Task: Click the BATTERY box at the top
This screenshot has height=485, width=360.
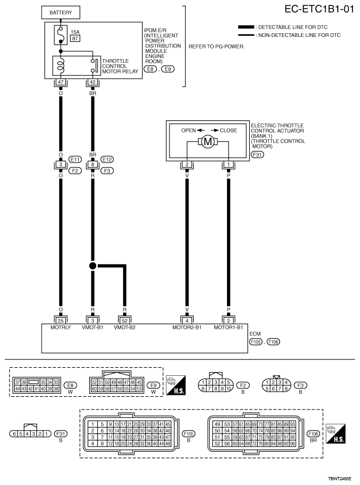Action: (x=61, y=12)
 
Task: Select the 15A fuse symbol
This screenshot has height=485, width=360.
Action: (x=61, y=35)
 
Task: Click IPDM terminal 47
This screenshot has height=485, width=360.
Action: (x=61, y=83)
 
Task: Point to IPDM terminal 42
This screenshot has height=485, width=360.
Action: (x=92, y=83)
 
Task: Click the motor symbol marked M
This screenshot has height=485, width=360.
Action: (x=207, y=141)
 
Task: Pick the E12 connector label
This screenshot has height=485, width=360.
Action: (x=107, y=159)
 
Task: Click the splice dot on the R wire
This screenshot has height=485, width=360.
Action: (x=92, y=265)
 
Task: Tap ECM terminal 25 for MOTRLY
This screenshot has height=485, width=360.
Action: (x=61, y=319)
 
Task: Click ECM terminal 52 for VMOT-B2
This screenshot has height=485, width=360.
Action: (x=124, y=319)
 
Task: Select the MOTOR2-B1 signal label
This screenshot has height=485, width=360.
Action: (x=187, y=327)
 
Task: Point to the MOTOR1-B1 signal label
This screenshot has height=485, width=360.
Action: (x=229, y=327)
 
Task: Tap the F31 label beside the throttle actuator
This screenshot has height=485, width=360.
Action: (x=258, y=155)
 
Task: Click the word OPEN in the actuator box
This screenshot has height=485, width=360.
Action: (x=188, y=130)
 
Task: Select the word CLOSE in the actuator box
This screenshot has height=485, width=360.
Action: (x=228, y=130)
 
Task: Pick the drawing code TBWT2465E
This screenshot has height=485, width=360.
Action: (x=340, y=478)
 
